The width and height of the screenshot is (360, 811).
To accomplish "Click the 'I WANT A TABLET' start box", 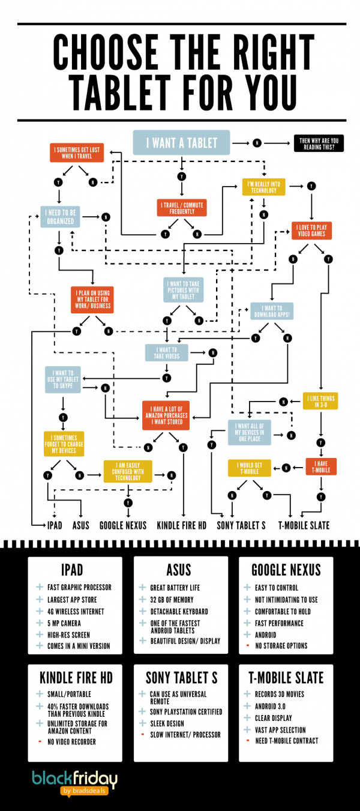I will (x=182, y=143).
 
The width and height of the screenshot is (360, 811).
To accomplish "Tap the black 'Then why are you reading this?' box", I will (x=319, y=143).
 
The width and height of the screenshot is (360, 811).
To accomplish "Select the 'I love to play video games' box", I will (x=312, y=231).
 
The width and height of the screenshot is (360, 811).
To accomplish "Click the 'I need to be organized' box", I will (x=61, y=216).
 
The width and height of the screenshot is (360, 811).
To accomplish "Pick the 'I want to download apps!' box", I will (x=272, y=311).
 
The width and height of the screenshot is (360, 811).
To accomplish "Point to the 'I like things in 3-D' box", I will (x=320, y=401).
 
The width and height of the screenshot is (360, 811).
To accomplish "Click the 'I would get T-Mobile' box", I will (x=249, y=468).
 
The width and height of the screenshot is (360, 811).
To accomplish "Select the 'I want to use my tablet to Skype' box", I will (x=63, y=381).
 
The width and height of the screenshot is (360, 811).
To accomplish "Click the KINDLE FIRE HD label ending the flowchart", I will (x=182, y=525).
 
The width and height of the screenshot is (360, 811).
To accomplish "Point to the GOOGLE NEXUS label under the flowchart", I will (x=123, y=525).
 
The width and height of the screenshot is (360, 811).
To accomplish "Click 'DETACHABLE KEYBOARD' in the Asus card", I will (x=179, y=612).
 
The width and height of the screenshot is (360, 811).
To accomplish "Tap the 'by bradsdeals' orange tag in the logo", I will (x=87, y=791).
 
